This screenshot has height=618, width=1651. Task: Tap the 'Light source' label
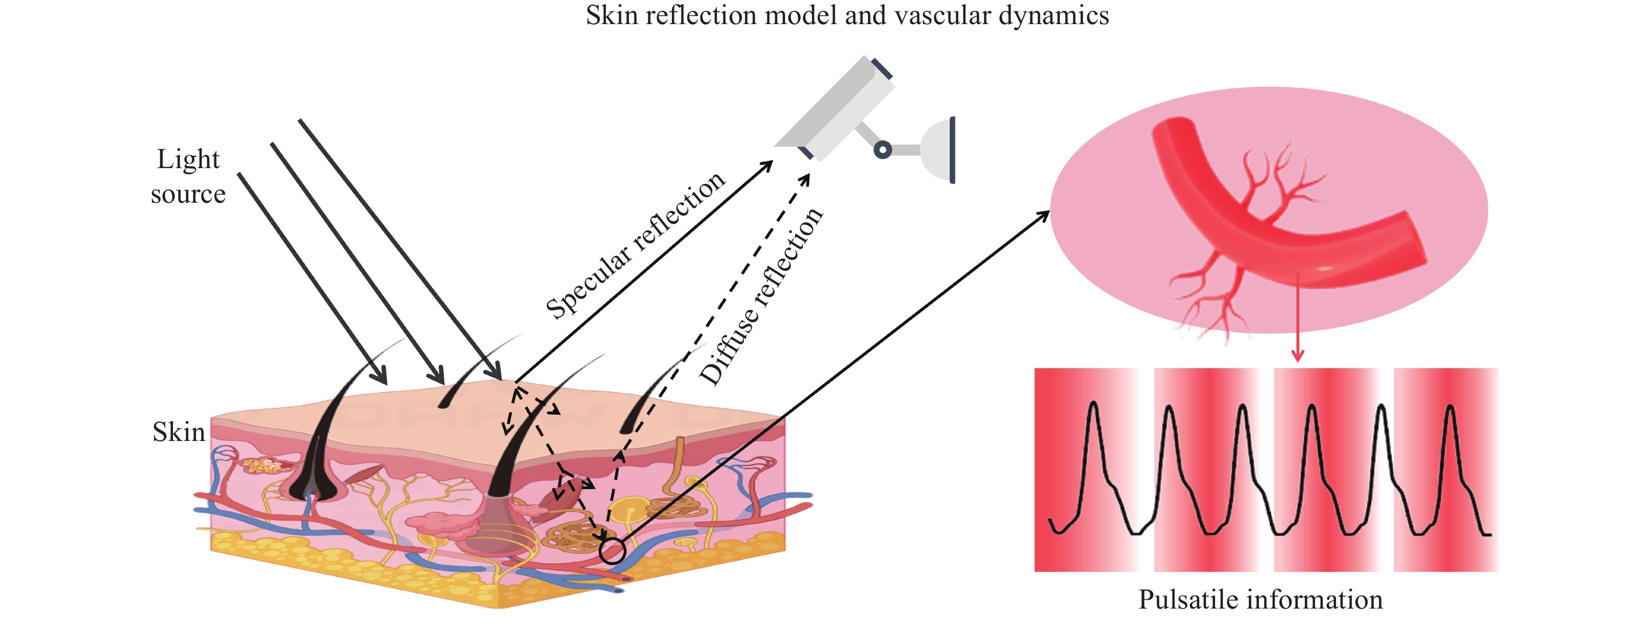[188, 176]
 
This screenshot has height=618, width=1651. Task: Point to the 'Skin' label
[178, 432]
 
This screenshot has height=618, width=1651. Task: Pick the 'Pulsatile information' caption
[1260, 600]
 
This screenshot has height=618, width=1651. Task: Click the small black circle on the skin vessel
[612, 551]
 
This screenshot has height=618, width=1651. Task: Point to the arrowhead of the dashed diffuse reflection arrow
[806, 179]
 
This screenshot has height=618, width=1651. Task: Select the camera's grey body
[833, 109]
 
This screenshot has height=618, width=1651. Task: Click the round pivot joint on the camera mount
[883, 150]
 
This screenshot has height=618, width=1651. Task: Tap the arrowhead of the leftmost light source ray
[382, 378]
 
